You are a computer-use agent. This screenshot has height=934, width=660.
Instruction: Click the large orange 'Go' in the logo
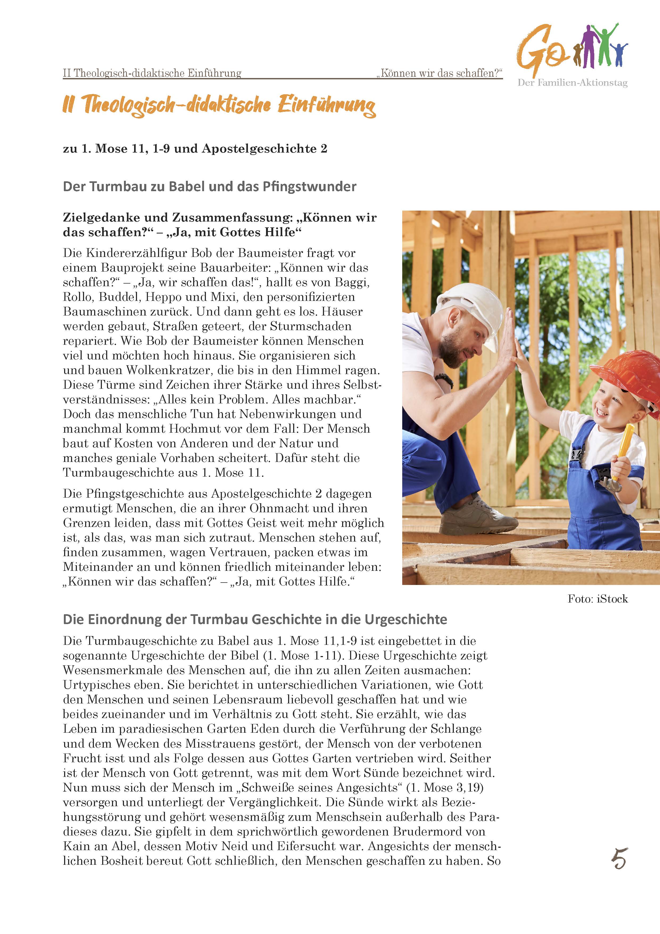[x=541, y=51]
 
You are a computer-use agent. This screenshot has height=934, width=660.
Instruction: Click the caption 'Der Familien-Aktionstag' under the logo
[x=572, y=83]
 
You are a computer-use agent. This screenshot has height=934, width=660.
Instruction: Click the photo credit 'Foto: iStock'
[x=597, y=599]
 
